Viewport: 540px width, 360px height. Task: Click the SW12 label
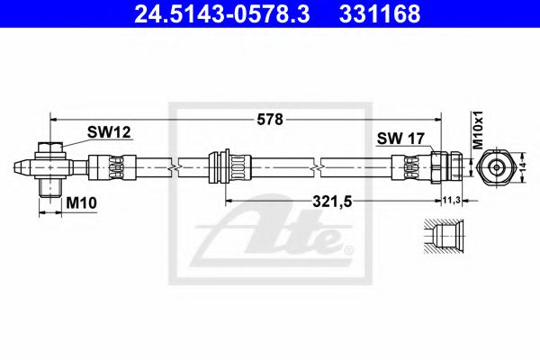coord(109,132)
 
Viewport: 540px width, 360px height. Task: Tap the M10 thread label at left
coord(81,204)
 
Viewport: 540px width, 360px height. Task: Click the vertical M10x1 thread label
coord(479,131)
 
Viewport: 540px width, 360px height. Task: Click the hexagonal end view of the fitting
coord(496,167)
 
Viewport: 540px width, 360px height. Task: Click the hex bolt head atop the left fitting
coord(51,146)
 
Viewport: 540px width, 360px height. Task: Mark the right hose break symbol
coord(316,167)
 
